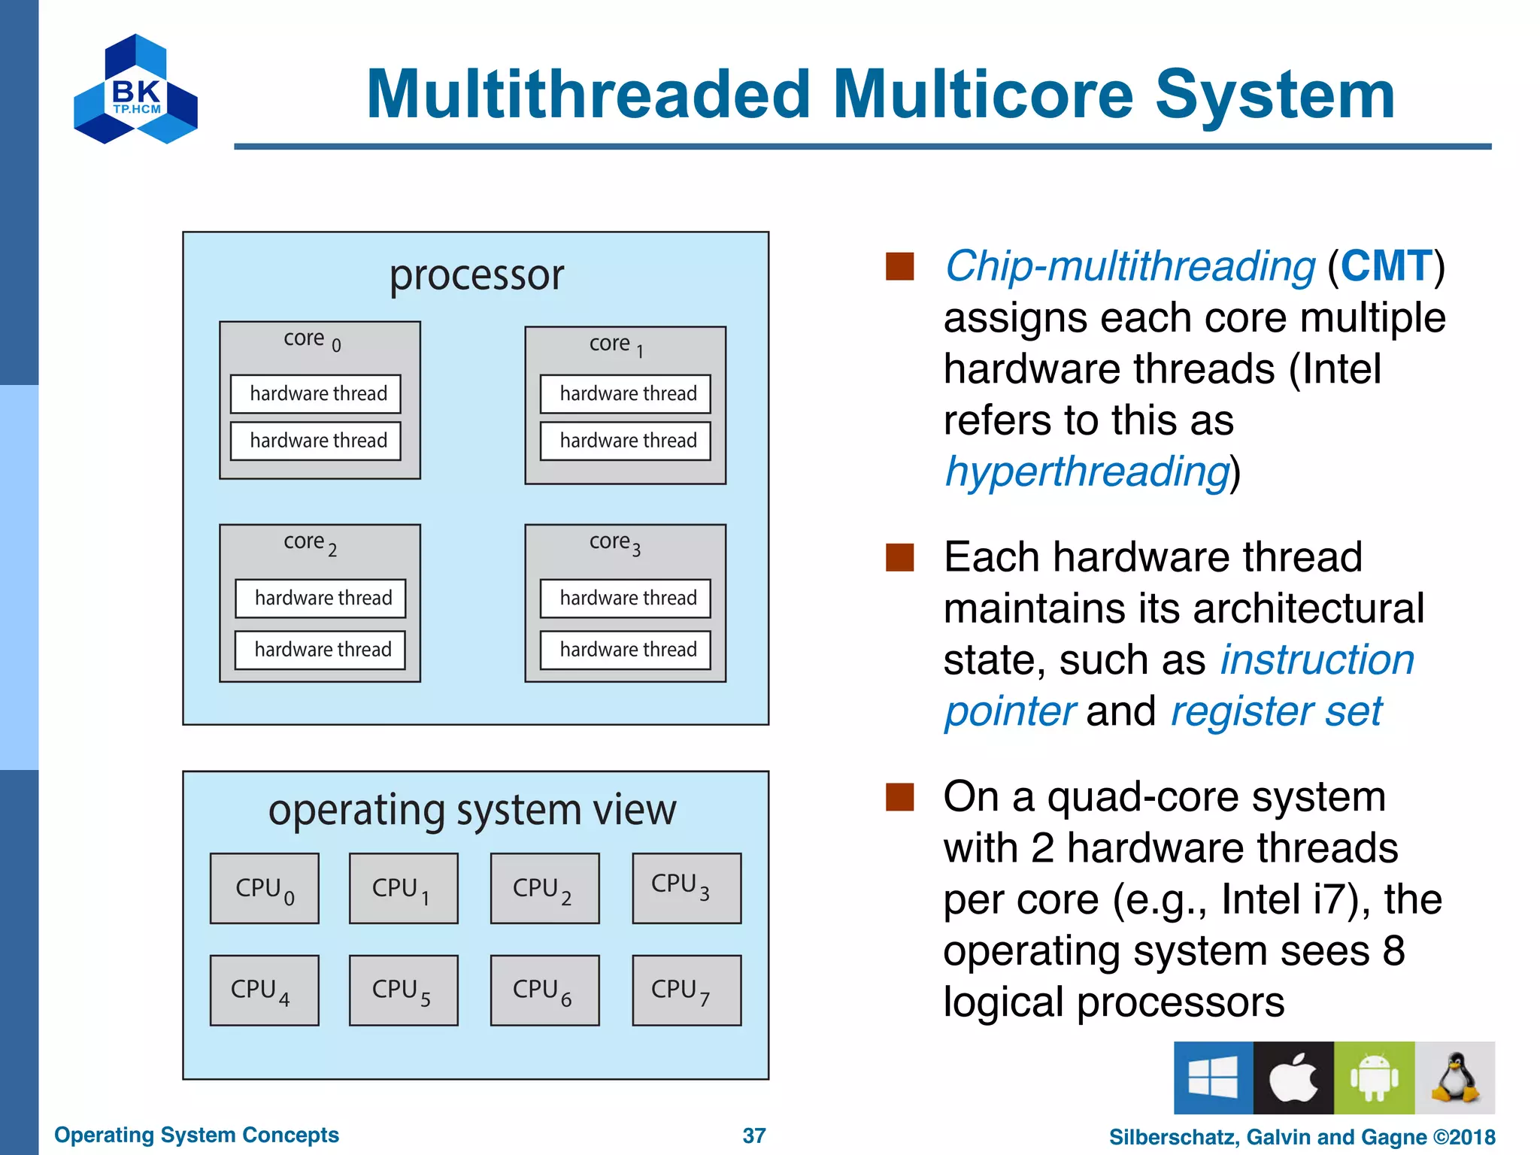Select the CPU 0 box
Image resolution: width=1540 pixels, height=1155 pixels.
pyautogui.click(x=265, y=889)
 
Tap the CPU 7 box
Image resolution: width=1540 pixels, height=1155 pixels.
pyautogui.click(x=687, y=990)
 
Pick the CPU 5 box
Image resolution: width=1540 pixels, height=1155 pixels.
pyautogui.click(x=404, y=990)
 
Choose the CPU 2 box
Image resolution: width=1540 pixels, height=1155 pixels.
pyautogui.click(x=544, y=889)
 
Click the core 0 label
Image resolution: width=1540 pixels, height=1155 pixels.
pyautogui.click(x=312, y=340)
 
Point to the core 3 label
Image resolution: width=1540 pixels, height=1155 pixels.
pyautogui.click(x=615, y=543)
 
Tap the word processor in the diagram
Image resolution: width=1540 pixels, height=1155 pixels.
pyautogui.click(x=476, y=275)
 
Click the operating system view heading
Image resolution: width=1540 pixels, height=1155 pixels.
pyautogui.click(x=472, y=811)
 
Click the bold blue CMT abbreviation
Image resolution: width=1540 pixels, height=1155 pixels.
pyautogui.click(x=1385, y=266)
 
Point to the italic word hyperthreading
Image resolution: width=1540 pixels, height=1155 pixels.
pyautogui.click(x=1087, y=472)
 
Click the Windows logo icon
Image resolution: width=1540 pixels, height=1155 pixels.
pyautogui.click(x=1213, y=1078)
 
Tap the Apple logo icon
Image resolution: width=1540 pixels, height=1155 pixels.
pyautogui.click(x=1293, y=1078)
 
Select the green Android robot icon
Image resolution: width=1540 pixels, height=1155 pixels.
pyautogui.click(x=1374, y=1078)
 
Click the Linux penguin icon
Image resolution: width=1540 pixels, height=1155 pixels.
pyautogui.click(x=1454, y=1078)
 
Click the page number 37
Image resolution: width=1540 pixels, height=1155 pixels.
pyautogui.click(x=754, y=1135)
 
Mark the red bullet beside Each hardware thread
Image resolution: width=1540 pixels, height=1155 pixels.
pyautogui.click(x=899, y=558)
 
